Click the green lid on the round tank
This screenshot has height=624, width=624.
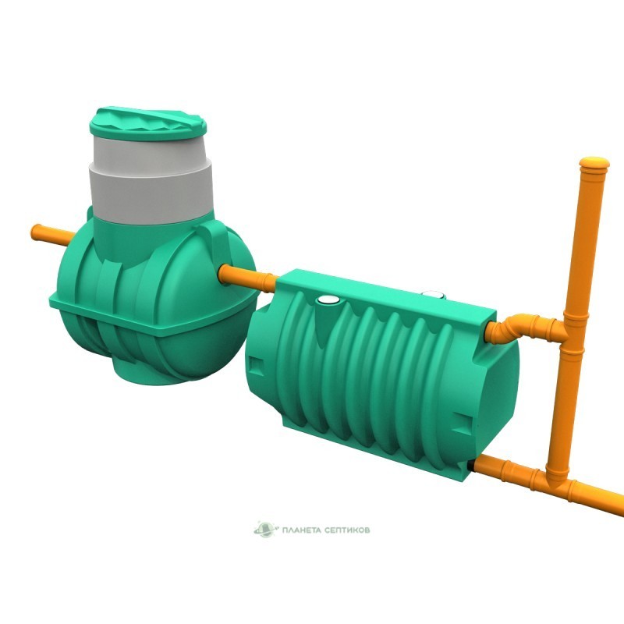[x=148, y=123]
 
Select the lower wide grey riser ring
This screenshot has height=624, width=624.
[x=151, y=195]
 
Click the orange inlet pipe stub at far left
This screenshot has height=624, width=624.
[x=51, y=235]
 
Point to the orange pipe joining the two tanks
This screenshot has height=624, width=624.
[x=247, y=278]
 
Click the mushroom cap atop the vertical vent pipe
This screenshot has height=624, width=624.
[x=594, y=163]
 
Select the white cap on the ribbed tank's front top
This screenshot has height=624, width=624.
[x=328, y=300]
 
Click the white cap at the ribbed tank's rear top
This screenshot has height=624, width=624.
[x=433, y=295]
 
